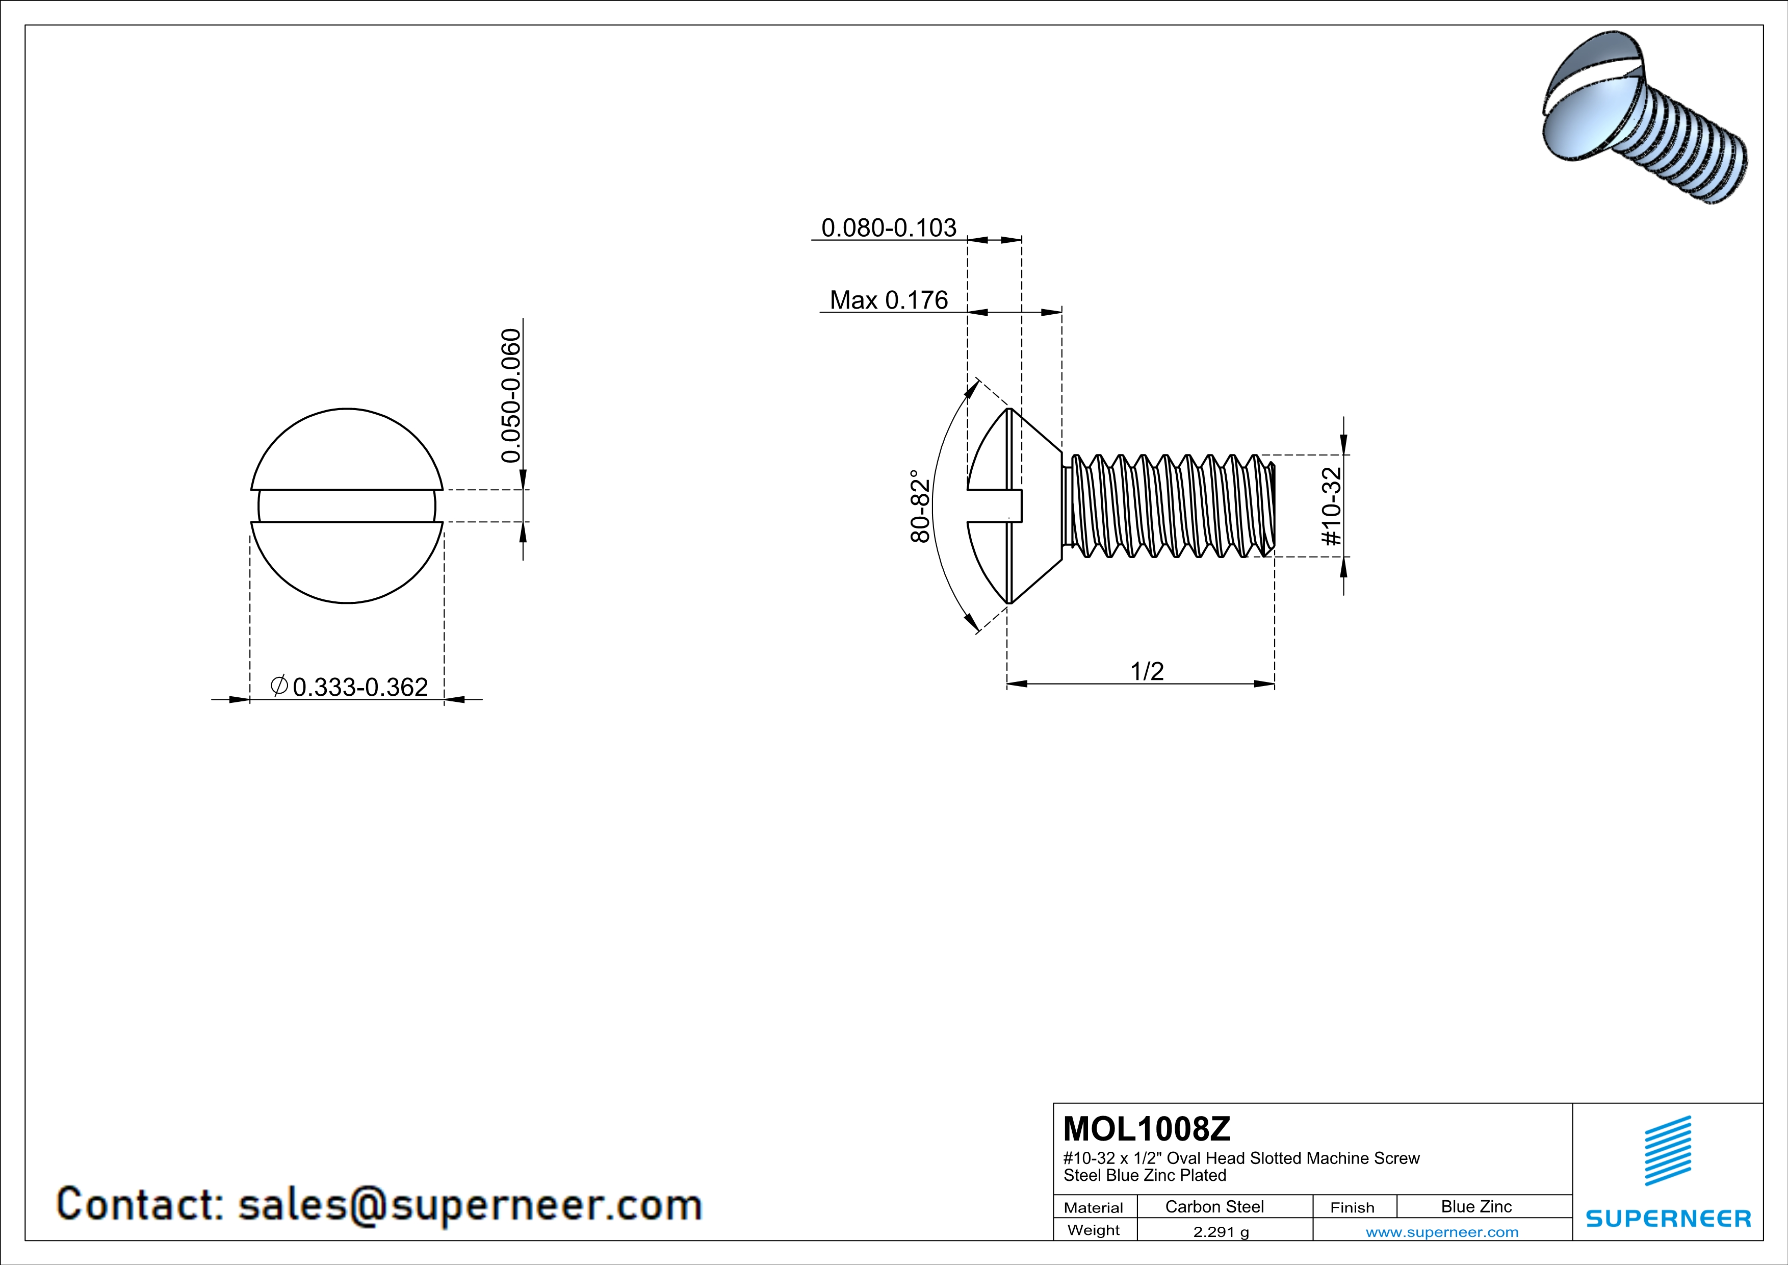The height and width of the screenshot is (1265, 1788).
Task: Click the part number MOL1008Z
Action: pos(1146,1129)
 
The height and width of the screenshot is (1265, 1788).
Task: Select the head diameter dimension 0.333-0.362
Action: pos(360,687)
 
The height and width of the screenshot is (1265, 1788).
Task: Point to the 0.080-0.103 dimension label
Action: pos(889,227)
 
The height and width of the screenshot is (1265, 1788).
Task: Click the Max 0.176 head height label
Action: pos(889,300)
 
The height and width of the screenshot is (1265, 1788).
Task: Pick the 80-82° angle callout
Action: pos(920,507)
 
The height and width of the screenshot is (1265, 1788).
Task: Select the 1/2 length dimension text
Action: pos(1146,671)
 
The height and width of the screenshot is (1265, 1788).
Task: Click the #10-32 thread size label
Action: pos(1332,507)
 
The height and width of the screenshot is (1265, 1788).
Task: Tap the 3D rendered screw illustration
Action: pos(1643,117)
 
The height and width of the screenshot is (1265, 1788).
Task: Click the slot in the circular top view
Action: pos(347,507)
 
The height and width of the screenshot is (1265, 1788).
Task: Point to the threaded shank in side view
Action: pos(1172,507)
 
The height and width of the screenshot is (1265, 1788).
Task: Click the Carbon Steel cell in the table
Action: pos(1214,1206)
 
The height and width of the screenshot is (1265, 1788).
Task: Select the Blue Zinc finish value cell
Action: pos(1475,1206)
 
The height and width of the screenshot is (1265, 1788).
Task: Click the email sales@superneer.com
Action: pos(470,1204)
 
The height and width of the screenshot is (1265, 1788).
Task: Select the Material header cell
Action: pos(1094,1207)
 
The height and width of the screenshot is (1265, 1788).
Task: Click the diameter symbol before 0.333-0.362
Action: pos(279,686)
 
